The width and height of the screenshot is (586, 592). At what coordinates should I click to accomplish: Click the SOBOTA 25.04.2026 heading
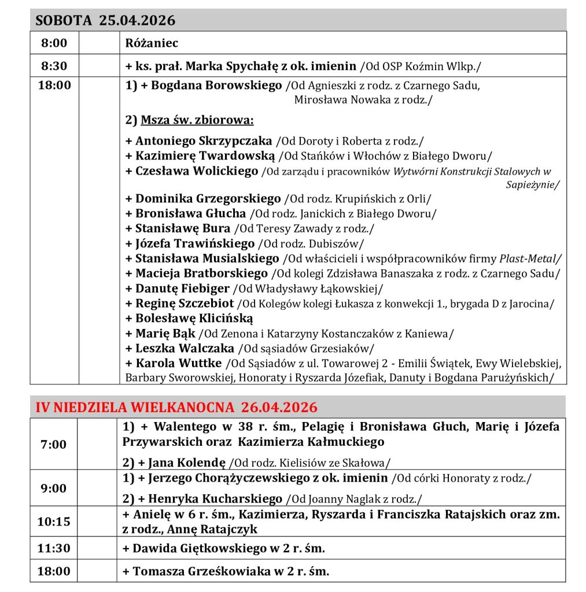click(105, 21)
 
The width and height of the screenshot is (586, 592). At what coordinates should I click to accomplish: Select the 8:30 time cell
click(53, 66)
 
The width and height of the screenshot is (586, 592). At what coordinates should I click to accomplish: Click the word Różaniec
click(152, 43)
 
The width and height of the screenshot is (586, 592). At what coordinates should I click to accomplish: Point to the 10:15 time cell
click(53, 521)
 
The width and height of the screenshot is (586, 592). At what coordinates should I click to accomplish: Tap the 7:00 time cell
click(53, 445)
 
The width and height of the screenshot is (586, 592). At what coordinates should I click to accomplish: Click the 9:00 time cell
click(53, 489)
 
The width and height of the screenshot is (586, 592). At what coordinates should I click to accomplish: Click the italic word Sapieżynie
click(532, 185)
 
